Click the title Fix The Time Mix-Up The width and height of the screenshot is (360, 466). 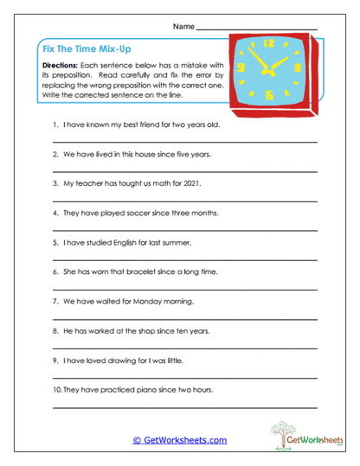(90, 50)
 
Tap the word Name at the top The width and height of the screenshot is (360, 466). (183, 27)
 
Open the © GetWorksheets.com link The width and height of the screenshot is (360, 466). (179, 439)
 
